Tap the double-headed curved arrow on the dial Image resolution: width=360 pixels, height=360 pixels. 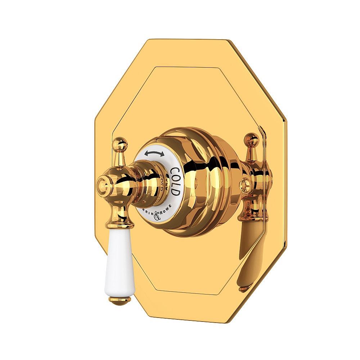[154, 154]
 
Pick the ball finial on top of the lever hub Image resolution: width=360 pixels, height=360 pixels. [120, 145]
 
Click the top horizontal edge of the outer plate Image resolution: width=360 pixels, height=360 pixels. [187, 40]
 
